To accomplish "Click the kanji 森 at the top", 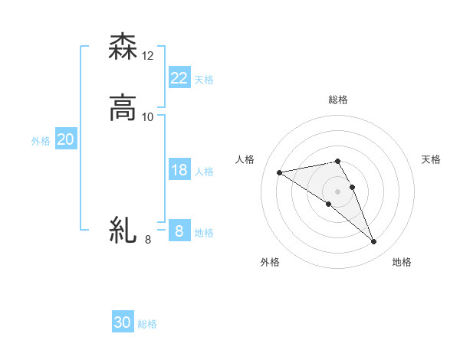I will coord(123,47).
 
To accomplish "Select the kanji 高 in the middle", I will coord(123,108).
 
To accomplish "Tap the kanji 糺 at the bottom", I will coord(123,230).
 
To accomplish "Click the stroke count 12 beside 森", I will coord(148,56).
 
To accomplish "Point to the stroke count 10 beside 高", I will coord(148,117).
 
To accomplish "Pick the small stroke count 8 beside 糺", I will coord(148,240).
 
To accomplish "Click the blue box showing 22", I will coord(179,77).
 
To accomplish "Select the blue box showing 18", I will coord(179,170).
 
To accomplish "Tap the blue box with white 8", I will coord(179,231).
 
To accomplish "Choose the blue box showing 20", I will coord(65,139).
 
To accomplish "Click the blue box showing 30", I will coord(123,322).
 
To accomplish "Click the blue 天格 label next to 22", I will coord(204,80).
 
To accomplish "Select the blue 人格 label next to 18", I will coord(204,172).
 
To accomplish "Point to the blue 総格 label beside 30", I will coord(147,324).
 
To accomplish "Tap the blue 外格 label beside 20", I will coord(41,141).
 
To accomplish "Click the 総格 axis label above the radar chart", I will coord(337,100).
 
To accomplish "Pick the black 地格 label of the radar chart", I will coord(402,262).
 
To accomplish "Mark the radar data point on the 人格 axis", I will coord(280,172).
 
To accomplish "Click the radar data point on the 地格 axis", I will coord(373,242).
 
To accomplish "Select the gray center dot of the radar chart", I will coord(337,191).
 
